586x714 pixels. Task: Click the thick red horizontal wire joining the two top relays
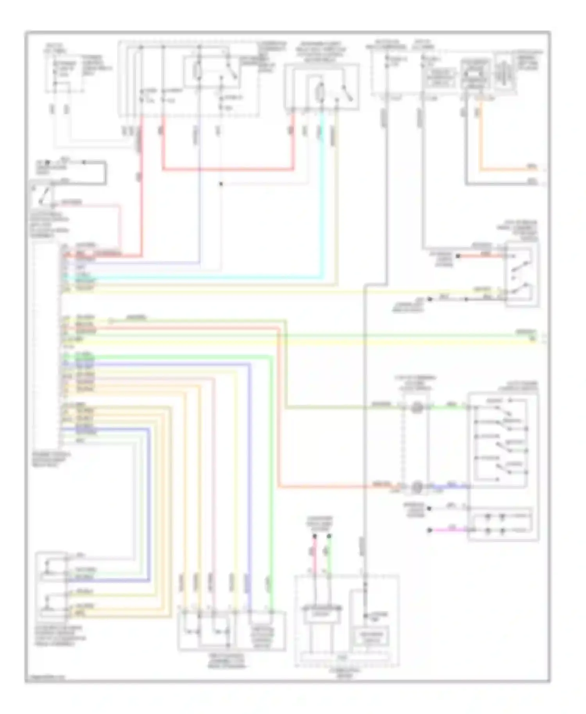227,169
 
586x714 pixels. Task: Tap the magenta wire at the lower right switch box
449,530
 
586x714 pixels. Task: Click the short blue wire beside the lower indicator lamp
449,487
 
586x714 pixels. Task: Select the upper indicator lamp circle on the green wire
417,408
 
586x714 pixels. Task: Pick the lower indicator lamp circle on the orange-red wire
417,487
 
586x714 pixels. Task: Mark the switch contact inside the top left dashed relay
232,72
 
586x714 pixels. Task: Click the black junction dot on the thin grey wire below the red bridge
221,184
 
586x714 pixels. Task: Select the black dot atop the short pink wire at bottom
314,537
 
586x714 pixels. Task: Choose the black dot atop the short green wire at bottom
329,537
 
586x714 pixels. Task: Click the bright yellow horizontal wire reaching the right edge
313,343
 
